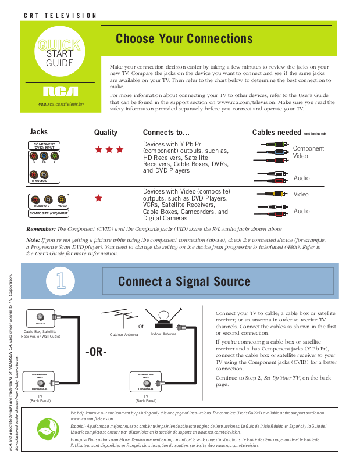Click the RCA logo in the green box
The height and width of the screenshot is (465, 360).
[x=60, y=91]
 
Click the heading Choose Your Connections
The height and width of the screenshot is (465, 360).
[x=184, y=39]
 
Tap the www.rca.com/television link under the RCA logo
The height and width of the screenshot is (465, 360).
[x=60, y=104]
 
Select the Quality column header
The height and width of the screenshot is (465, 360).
[x=105, y=133]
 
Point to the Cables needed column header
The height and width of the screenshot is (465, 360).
[x=276, y=133]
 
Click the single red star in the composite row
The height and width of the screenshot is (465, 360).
[x=98, y=198]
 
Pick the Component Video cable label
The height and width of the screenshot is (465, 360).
[x=308, y=152]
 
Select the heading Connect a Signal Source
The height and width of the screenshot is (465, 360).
[x=184, y=282]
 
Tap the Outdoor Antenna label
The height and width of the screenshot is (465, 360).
[x=124, y=335]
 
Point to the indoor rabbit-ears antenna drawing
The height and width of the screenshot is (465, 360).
[x=164, y=319]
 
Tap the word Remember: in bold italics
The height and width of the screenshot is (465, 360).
[x=41, y=229]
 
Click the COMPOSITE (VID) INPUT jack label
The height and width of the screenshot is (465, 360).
[x=49, y=213]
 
